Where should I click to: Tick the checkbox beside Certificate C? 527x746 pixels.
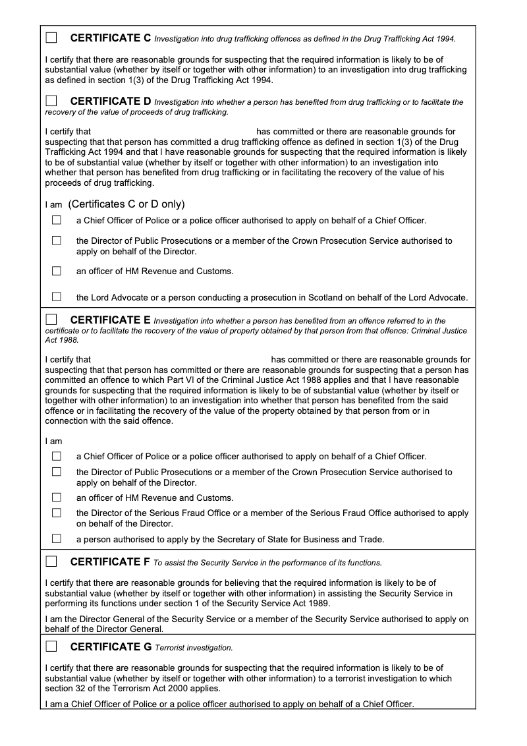[51, 38]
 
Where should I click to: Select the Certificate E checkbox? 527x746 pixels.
[51, 320]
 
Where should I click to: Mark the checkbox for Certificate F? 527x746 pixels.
[51, 561]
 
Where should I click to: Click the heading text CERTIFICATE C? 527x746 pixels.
[111, 38]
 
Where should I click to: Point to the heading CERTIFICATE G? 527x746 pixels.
[111, 646]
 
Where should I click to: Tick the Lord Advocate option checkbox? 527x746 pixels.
[57, 297]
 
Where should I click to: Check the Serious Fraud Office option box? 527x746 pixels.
[57, 513]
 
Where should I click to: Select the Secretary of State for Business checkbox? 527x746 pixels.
[57, 538]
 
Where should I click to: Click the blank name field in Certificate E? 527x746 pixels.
[180, 360]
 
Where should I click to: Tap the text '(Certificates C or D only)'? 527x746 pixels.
[126, 204]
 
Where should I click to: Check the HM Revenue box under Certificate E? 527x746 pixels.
[57, 497]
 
